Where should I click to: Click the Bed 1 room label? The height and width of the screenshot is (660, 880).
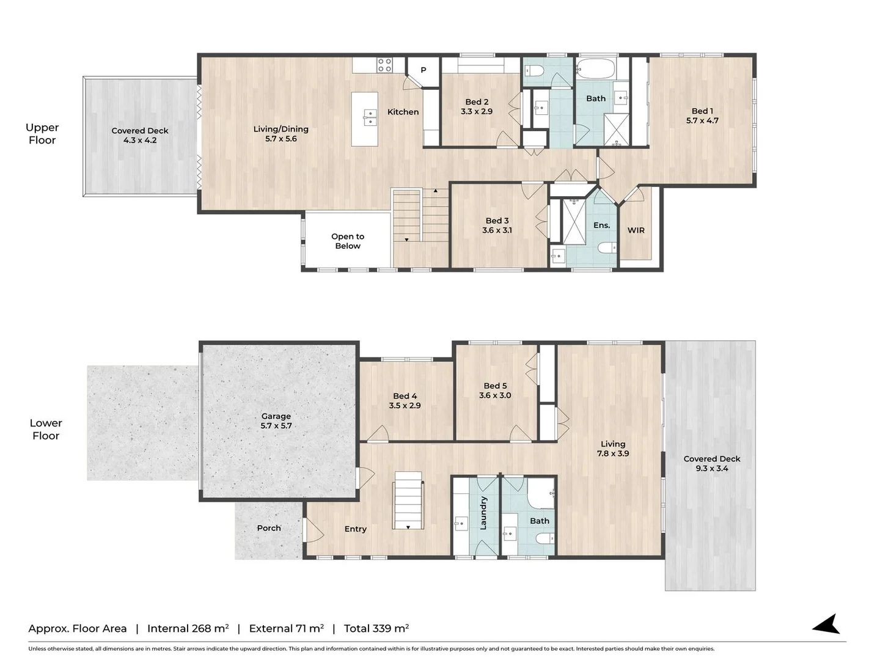[702, 111]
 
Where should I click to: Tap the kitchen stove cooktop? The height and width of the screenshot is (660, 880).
[384, 65]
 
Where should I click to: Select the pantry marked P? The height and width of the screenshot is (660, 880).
[423, 70]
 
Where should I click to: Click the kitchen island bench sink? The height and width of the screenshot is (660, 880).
[370, 117]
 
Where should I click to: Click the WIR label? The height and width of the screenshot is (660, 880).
[636, 230]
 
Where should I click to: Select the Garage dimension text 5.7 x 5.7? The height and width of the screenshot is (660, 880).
[276, 426]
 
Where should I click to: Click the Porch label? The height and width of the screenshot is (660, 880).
[269, 528]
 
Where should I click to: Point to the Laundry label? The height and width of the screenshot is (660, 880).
[483, 512]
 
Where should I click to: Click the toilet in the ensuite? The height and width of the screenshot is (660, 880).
[607, 248]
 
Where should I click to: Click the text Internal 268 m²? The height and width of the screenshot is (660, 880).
[188, 628]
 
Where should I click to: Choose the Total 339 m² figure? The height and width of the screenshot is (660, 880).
[376, 628]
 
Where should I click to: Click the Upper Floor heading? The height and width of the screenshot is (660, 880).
[42, 133]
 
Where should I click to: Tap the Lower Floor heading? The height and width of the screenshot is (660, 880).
[46, 429]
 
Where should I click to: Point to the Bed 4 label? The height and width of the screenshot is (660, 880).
[405, 396]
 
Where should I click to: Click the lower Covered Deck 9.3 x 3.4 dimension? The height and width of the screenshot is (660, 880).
[712, 469]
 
